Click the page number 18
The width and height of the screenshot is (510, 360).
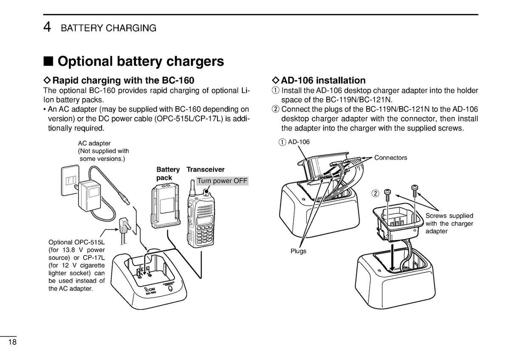tap(12, 342)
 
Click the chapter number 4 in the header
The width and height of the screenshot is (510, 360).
tap(47, 27)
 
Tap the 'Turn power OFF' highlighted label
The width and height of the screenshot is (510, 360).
tap(222, 181)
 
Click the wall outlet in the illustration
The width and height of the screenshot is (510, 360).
tap(70, 180)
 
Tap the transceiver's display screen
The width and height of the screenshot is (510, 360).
tap(204, 220)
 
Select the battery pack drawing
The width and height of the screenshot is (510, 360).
tap(165, 206)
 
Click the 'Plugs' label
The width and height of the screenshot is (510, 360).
tap(298, 251)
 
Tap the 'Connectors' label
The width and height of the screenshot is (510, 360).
tap(391, 158)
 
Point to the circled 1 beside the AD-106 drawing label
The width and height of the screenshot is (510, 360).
tap(282, 142)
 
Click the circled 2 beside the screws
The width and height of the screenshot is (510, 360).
tap(375, 193)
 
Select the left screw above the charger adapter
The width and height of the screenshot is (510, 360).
tap(388, 195)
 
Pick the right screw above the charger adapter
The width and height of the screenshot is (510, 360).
tap(415, 190)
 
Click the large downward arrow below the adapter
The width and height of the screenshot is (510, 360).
tap(392, 258)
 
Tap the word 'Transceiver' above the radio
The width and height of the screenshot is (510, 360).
tap(205, 170)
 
